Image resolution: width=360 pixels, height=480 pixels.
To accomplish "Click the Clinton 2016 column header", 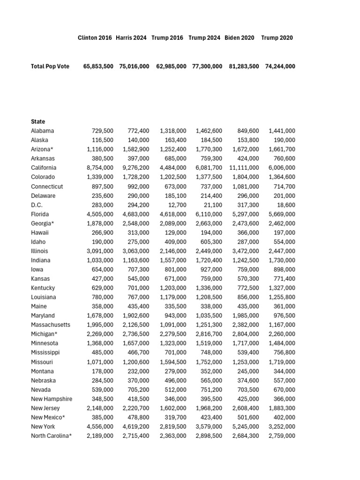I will [x=95, y=38].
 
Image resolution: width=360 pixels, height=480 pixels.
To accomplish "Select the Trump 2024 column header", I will [x=204, y=38].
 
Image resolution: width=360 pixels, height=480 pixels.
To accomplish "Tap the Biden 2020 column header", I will [x=240, y=38].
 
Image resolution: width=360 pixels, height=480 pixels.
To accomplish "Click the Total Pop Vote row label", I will [x=50, y=67].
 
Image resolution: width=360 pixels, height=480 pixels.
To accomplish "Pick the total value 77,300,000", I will [x=207, y=67].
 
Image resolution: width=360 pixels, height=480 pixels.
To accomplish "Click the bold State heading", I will [x=38, y=122].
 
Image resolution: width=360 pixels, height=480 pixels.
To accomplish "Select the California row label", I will [x=44, y=168].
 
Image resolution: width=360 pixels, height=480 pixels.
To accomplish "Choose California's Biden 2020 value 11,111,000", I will [x=244, y=168].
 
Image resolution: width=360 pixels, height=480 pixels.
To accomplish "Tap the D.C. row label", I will [x=37, y=205].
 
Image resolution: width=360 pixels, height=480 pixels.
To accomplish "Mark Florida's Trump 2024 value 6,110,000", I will [x=209, y=214].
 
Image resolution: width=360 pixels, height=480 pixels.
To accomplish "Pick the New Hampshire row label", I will [x=52, y=399].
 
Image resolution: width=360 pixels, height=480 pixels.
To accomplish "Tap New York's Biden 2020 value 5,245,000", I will [x=246, y=427].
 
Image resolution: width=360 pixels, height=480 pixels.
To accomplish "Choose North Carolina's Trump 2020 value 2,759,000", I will [x=282, y=436].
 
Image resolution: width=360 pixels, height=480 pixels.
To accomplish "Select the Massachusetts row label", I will [x=51, y=325].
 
